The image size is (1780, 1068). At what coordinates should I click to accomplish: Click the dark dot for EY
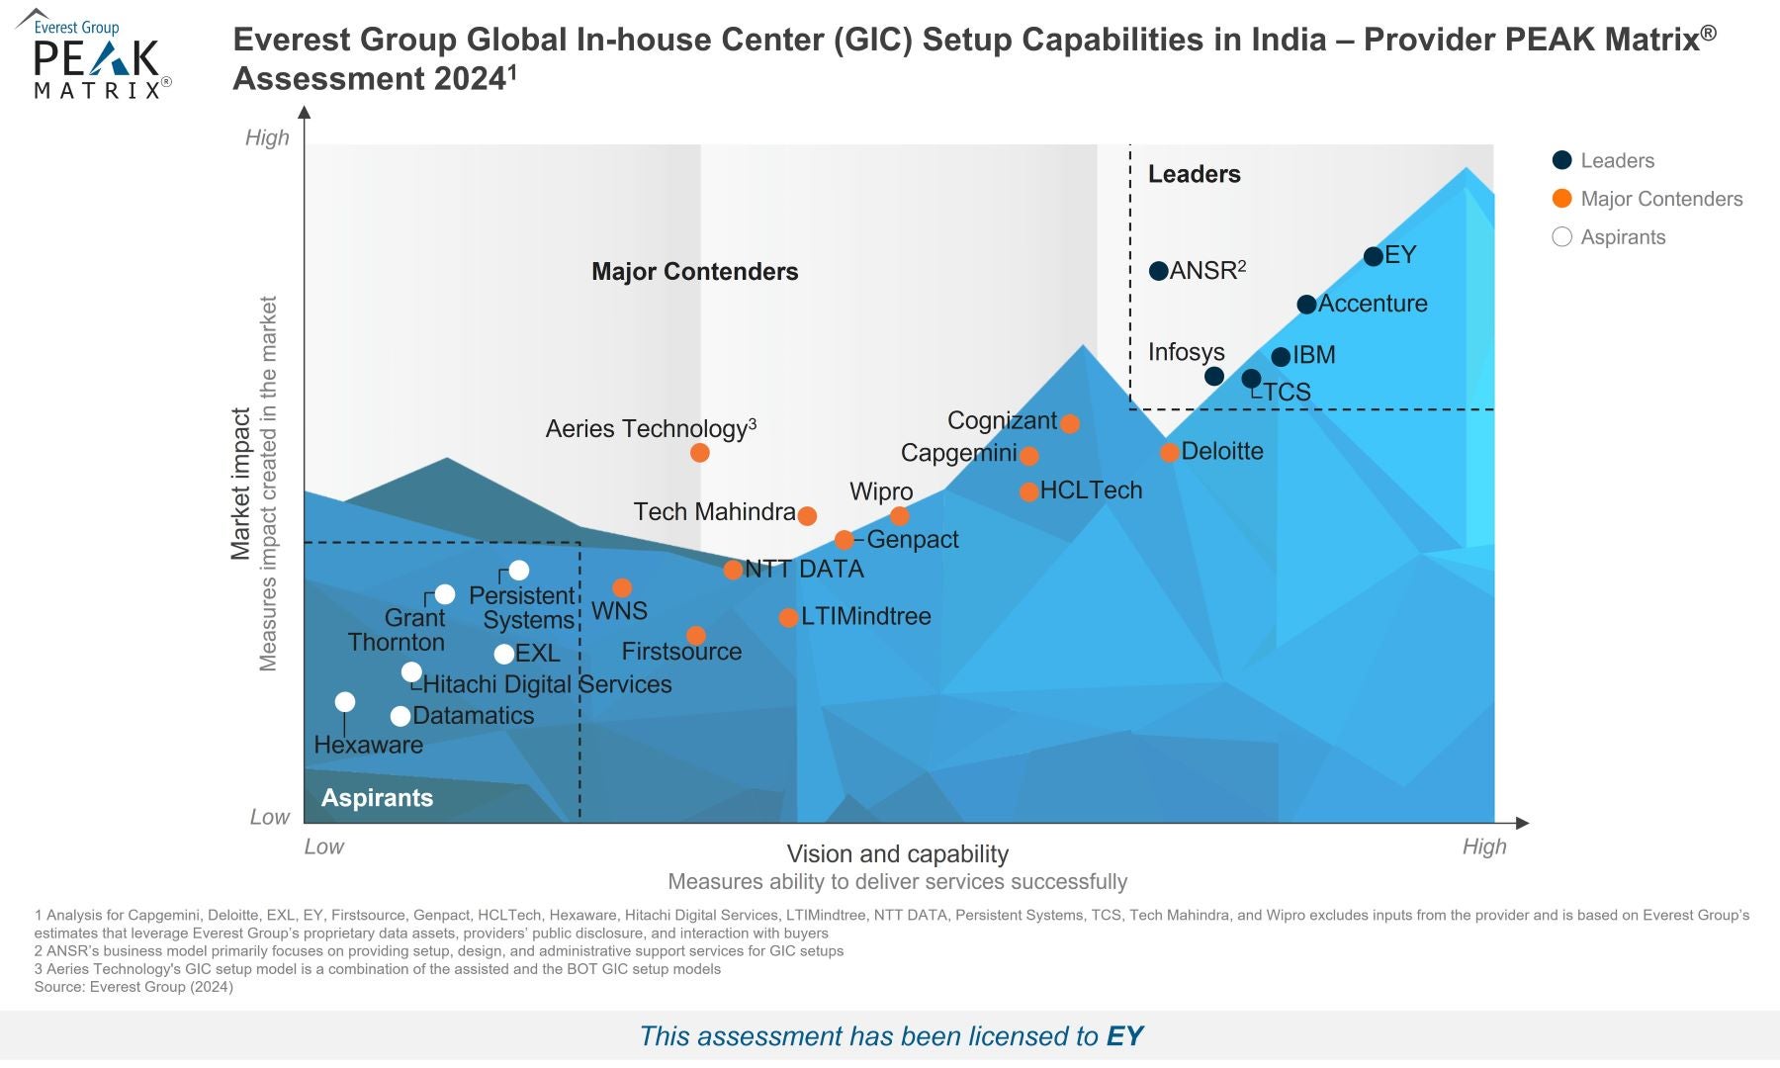pyautogui.click(x=1373, y=257)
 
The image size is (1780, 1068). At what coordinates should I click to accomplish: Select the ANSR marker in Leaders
pyautogui.click(x=1159, y=271)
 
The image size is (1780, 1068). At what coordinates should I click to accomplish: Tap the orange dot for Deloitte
pyautogui.click(x=1169, y=453)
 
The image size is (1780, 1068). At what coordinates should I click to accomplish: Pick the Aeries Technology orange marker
pyautogui.click(x=700, y=453)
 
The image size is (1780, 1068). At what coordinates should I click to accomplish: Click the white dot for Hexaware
pyautogui.click(x=345, y=702)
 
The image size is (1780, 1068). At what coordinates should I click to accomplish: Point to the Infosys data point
pyautogui.click(x=1214, y=376)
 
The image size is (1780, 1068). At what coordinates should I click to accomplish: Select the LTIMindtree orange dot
pyautogui.click(x=788, y=618)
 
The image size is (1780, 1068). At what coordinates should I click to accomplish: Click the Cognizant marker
pyautogui.click(x=1070, y=423)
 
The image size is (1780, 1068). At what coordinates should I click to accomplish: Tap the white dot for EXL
pyautogui.click(x=504, y=654)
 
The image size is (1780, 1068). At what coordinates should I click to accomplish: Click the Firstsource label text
pyautogui.click(x=681, y=652)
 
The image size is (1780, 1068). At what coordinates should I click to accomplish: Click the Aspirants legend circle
pyautogui.click(x=1562, y=236)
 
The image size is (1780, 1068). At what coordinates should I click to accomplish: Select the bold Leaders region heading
pyautogui.click(x=1194, y=174)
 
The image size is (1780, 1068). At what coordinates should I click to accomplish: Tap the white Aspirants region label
pyautogui.click(x=377, y=798)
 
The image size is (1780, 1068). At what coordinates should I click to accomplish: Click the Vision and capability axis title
pyautogui.click(x=897, y=853)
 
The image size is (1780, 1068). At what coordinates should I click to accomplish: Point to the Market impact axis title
pyautogui.click(x=240, y=485)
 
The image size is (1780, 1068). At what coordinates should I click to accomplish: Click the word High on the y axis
pyautogui.click(x=267, y=137)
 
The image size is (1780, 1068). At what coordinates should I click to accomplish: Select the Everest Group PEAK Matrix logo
pyautogui.click(x=95, y=55)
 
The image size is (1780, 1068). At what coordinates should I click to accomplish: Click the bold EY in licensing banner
pyautogui.click(x=1124, y=1035)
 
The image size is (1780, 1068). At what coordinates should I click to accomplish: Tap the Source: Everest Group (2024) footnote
pyautogui.click(x=133, y=987)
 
